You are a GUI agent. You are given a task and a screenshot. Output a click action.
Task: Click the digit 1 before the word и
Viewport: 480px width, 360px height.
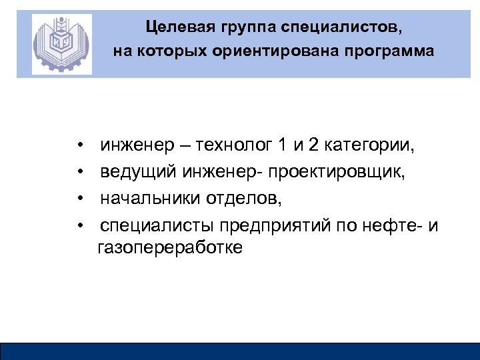pos(283,145)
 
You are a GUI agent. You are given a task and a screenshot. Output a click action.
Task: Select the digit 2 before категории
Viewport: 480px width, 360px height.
pos(313,145)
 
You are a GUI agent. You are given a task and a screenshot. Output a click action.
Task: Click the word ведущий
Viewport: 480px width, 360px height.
pos(137,172)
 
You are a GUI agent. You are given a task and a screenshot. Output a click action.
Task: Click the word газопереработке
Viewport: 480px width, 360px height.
pos(171,249)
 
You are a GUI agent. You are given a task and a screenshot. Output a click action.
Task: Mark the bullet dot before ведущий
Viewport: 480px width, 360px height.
pos(79,173)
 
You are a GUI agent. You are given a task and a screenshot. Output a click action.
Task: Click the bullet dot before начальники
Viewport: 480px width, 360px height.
pos(79,199)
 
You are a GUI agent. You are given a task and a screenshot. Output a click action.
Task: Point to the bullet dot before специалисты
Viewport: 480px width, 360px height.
pos(79,225)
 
